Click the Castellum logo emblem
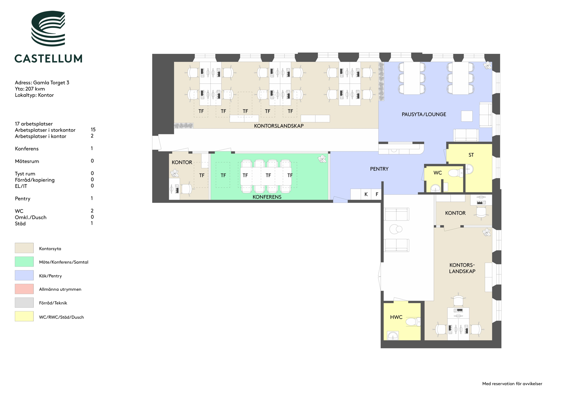point(48,28)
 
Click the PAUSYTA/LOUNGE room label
point(424,114)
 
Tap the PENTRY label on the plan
point(379,169)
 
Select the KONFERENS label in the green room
point(267,197)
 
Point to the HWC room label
point(396,317)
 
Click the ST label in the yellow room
point(471,155)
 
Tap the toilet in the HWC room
point(413,322)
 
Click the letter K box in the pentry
point(366,194)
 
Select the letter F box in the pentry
point(377,194)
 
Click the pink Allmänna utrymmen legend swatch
point(24,289)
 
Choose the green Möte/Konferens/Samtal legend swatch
point(24,262)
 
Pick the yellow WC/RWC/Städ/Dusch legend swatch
point(24,316)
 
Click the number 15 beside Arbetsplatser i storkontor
point(93,129)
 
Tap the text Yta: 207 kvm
point(30,89)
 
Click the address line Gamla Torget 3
point(42,82)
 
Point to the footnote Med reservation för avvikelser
point(512,384)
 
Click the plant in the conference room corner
point(322,159)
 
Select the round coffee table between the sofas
point(395,229)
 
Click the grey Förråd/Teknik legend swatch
point(24,303)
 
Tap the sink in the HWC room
point(393,335)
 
